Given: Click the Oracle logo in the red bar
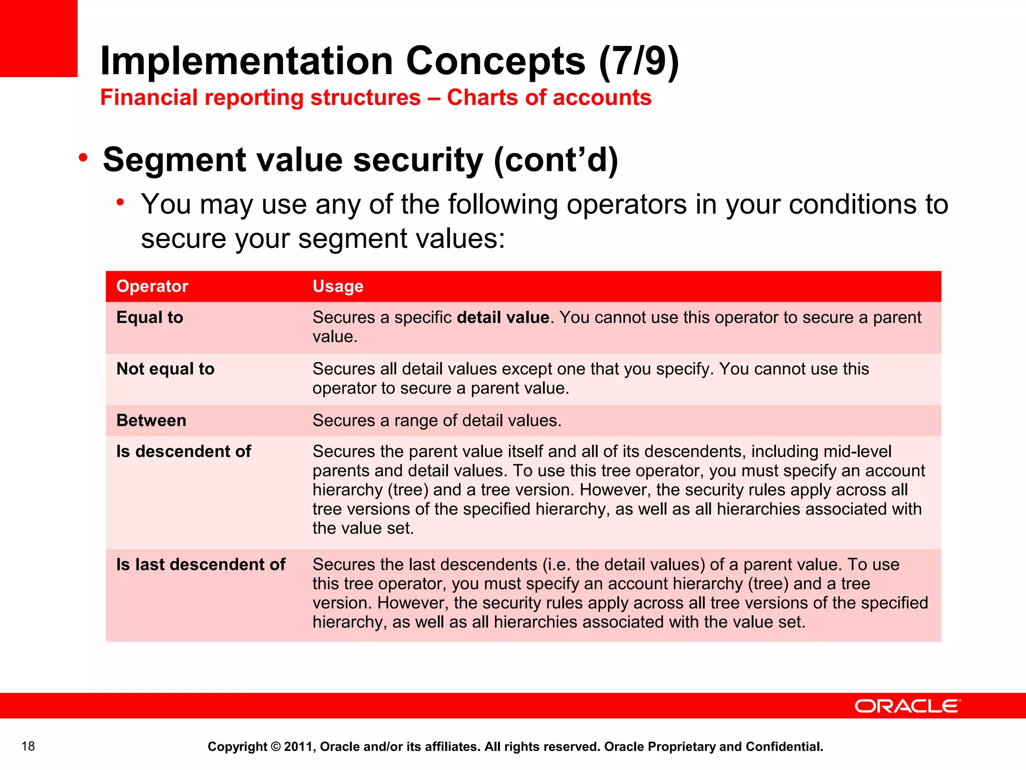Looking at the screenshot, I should click(907, 706).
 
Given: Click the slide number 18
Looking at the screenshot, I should click(28, 746).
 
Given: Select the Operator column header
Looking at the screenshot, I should click(152, 286).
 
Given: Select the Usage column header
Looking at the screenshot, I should click(338, 286).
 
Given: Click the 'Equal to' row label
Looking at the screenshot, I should click(150, 317).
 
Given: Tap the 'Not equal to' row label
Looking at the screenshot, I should click(165, 369).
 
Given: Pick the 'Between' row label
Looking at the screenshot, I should click(151, 420).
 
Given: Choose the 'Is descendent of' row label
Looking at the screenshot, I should click(183, 451).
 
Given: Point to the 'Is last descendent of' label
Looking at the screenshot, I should click(200, 564).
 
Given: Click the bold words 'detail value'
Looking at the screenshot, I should click(503, 317).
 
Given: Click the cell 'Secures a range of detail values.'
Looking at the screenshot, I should click(437, 420).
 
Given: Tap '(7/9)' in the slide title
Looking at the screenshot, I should click(639, 61).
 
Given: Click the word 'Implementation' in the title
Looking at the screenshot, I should click(246, 61).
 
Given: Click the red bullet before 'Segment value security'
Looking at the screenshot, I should click(83, 158).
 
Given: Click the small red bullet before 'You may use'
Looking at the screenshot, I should click(120, 203).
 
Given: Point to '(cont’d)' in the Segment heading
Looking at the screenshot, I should click(556, 160).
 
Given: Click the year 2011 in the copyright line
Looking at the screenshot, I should click(298, 746).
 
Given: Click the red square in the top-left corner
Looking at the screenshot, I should click(39, 38).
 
